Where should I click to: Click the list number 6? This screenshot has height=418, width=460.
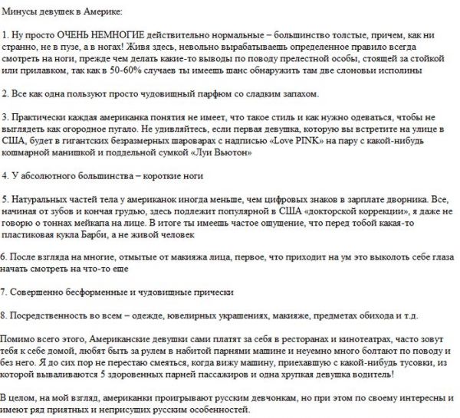(x=5, y=258)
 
